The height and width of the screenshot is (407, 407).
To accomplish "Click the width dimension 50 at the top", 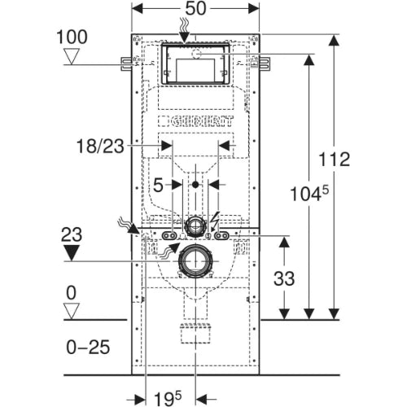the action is (195, 8).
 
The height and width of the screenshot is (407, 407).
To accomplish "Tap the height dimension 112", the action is (334, 160).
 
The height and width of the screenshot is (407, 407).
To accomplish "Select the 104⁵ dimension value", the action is (309, 193).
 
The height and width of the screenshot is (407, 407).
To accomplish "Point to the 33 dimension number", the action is (284, 278).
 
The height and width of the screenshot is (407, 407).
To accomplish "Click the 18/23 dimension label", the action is (100, 147).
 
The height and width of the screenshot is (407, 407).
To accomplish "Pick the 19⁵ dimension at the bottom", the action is (168, 399).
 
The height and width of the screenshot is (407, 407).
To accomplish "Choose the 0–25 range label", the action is (88, 347).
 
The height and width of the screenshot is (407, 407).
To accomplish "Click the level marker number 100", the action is (72, 37).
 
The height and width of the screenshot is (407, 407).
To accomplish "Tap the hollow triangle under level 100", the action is (71, 56).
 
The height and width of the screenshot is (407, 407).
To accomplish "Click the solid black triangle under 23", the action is (71, 253).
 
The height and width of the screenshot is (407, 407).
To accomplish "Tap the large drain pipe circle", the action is (195, 261).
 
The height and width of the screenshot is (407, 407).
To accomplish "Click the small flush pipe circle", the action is (195, 225).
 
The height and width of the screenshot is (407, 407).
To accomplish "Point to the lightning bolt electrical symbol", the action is (215, 221).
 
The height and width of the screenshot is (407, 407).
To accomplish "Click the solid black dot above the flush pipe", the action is (195, 185).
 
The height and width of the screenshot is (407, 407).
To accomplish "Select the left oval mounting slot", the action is (169, 236).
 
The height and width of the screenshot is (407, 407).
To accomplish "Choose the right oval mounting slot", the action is (221, 236).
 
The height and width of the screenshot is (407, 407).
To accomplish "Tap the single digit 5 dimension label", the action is (158, 186).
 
